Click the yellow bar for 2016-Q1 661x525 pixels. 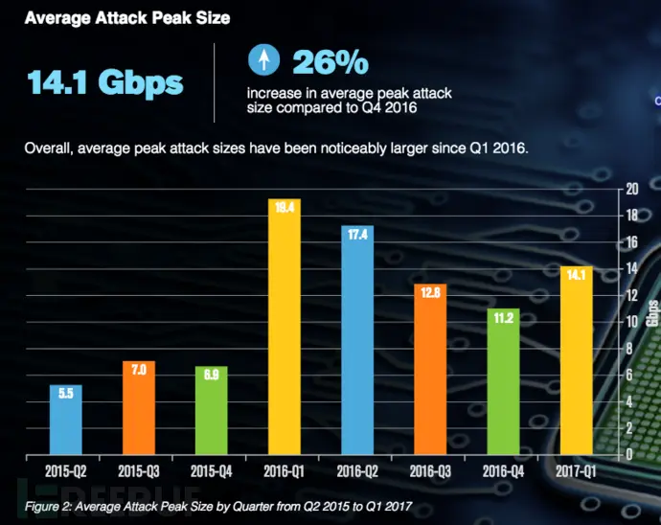click(285, 326)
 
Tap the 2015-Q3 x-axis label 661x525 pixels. click(139, 470)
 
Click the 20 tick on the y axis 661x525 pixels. click(632, 189)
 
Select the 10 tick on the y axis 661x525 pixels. click(632, 322)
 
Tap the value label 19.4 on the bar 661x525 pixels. click(285, 204)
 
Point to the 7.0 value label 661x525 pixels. click(139, 369)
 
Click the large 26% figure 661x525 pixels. click(330, 62)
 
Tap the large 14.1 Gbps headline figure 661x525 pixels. click(105, 83)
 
